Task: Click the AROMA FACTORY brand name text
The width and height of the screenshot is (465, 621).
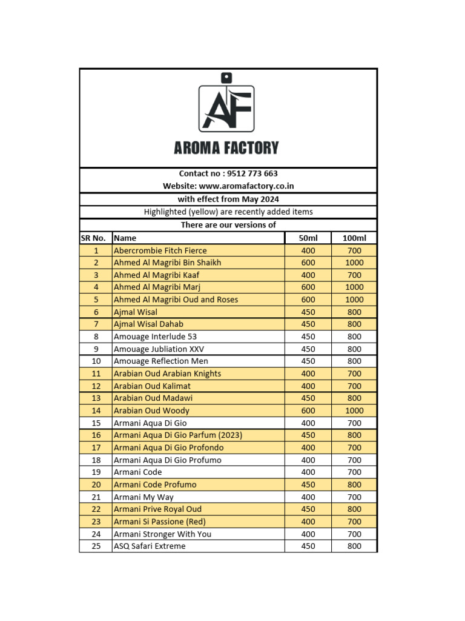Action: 226,147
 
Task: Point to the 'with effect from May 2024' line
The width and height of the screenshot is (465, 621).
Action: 228,199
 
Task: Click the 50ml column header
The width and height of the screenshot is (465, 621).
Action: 309,238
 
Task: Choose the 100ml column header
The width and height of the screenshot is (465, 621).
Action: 355,238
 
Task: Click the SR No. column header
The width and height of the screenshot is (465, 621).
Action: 95,238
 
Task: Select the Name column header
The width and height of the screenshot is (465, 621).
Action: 125,238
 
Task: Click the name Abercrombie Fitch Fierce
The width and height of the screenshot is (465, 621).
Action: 160,250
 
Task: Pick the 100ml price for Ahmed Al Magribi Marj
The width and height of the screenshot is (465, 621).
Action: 355,287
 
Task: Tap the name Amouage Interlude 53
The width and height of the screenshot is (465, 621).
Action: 155,337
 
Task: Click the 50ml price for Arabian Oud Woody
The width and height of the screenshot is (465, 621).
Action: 308,411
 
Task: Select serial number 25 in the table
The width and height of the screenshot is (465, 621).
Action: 96,546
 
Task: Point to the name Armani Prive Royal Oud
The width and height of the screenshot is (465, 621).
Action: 157,509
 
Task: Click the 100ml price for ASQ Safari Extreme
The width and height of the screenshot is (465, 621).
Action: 355,546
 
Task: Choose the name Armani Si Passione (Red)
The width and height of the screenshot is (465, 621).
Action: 160,522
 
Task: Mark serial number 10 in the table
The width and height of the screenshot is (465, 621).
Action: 96,361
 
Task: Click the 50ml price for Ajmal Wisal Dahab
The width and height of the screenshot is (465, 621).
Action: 308,324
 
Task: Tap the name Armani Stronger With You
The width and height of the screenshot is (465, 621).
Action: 162,534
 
